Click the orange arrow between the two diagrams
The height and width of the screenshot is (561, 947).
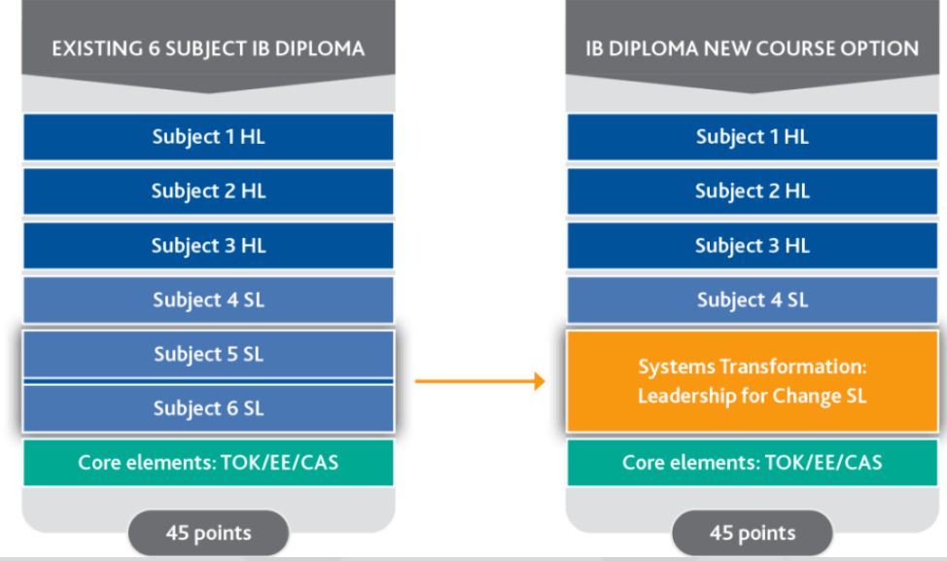click(479, 381)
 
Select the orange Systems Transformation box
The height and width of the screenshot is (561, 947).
click(752, 381)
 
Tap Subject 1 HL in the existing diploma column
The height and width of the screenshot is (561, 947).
click(208, 137)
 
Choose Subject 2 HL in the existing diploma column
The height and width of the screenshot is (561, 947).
click(208, 192)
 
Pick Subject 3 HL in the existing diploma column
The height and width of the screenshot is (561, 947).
click(208, 246)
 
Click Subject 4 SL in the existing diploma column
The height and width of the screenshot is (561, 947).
click(208, 300)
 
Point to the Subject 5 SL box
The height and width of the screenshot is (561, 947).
click(208, 355)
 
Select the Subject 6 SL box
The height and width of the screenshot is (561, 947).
click(208, 408)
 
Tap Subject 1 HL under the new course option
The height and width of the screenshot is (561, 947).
click(752, 137)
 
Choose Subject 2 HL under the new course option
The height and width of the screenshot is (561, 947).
click(752, 192)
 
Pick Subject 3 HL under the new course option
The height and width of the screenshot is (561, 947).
click(752, 246)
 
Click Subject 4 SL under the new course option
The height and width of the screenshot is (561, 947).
click(752, 300)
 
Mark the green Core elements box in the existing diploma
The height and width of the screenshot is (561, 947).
click(208, 462)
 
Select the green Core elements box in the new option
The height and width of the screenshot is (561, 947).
click(752, 462)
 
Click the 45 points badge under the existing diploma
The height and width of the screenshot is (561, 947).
click(208, 533)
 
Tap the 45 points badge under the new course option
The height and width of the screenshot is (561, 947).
click(752, 533)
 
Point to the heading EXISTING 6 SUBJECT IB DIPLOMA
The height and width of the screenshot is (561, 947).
click(208, 49)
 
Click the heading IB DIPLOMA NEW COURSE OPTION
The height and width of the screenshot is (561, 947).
click(752, 49)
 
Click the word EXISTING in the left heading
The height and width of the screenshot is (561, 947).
click(89, 49)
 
